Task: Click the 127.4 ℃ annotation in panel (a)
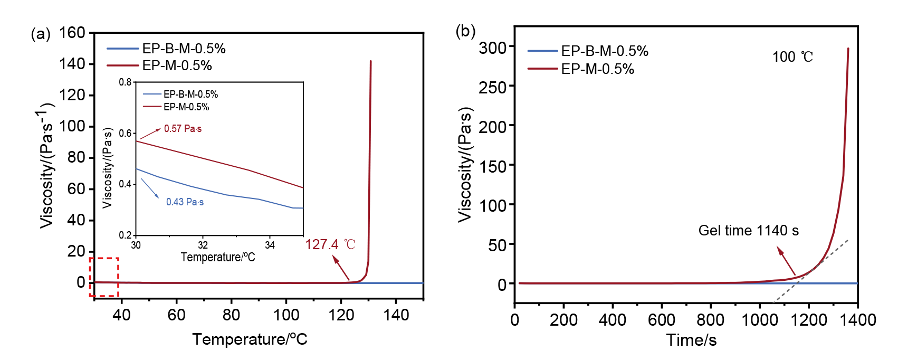pyautogui.click(x=330, y=244)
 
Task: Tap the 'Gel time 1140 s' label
pyautogui.click(x=748, y=231)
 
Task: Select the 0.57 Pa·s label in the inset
pyautogui.click(x=183, y=129)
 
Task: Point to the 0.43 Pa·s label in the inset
pyautogui.click(x=185, y=202)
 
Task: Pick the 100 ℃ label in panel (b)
pyautogui.click(x=792, y=57)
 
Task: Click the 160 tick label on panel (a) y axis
pyautogui.click(x=72, y=33)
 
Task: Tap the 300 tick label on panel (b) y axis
pyautogui.click(x=493, y=48)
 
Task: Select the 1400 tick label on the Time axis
pyautogui.click(x=858, y=319)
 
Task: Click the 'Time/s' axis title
pyautogui.click(x=691, y=340)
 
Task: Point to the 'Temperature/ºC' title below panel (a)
pyautogui.click(x=250, y=339)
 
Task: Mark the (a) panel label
pyautogui.click(x=41, y=34)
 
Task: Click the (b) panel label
pyautogui.click(x=465, y=31)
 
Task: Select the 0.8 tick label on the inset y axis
pyautogui.click(x=125, y=82)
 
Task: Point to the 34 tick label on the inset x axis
pyautogui.click(x=270, y=245)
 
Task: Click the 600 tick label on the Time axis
pyautogui.click(x=662, y=319)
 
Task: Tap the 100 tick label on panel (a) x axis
pyautogui.click(x=286, y=315)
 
